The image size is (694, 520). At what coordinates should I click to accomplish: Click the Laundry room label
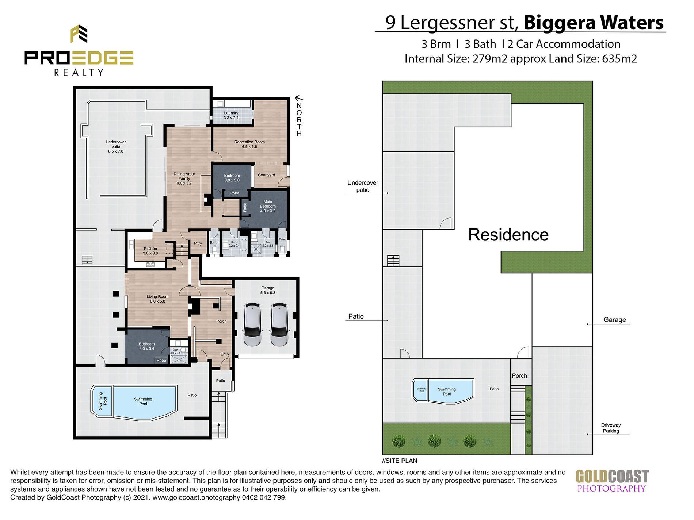point(231,115)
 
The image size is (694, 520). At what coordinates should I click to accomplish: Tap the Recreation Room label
point(249,144)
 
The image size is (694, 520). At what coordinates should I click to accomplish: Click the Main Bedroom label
point(268,206)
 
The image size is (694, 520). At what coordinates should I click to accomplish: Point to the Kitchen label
point(150,251)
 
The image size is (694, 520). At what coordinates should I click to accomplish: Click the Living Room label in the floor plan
point(157,299)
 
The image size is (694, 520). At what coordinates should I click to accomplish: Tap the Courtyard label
point(266,175)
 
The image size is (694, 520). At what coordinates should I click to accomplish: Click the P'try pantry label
point(198,243)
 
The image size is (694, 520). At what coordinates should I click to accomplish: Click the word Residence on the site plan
point(508,235)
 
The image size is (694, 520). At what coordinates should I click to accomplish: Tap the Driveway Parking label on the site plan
point(611,428)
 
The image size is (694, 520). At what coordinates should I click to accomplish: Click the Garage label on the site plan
point(614,320)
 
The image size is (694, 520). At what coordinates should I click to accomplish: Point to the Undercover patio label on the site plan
point(363,186)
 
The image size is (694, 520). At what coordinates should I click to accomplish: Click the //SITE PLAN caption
point(400,461)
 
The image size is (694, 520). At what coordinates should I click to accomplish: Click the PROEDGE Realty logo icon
point(79,34)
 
